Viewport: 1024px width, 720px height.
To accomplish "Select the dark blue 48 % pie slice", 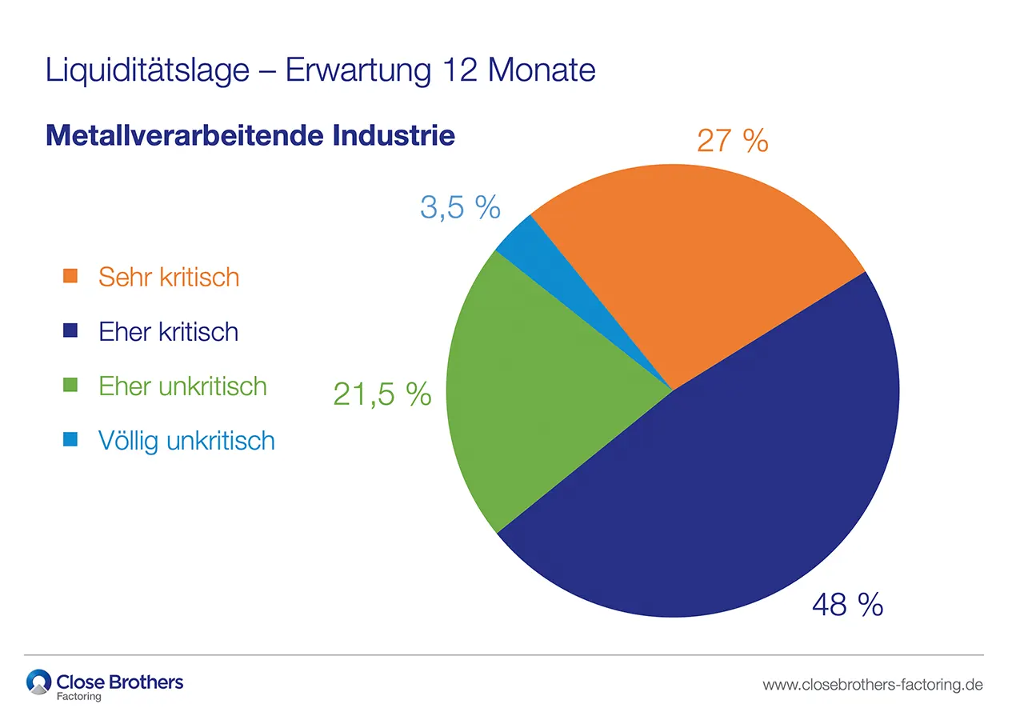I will (720, 496).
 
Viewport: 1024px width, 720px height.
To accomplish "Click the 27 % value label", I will (732, 141).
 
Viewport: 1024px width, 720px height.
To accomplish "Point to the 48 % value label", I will (847, 605).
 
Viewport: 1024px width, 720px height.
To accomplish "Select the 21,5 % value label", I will (382, 394).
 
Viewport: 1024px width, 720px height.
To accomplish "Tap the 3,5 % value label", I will (460, 207).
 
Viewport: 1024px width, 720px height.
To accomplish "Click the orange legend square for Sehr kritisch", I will (70, 276).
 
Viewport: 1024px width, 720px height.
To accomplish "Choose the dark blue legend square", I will (70, 330).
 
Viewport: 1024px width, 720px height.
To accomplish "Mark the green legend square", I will (70, 385).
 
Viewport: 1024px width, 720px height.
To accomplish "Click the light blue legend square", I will (70, 439).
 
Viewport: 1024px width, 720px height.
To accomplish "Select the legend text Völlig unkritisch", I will (186, 440).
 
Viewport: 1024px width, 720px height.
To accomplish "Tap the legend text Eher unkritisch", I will (182, 386).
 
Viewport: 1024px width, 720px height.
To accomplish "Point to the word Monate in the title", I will (542, 70).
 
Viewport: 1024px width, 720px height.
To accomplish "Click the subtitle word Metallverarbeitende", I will (183, 134).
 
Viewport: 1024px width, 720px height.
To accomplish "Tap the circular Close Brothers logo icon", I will (38, 682).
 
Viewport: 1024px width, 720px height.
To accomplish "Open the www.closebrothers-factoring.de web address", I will (873, 685).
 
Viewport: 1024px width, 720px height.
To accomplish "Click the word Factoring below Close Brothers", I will (79, 696).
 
